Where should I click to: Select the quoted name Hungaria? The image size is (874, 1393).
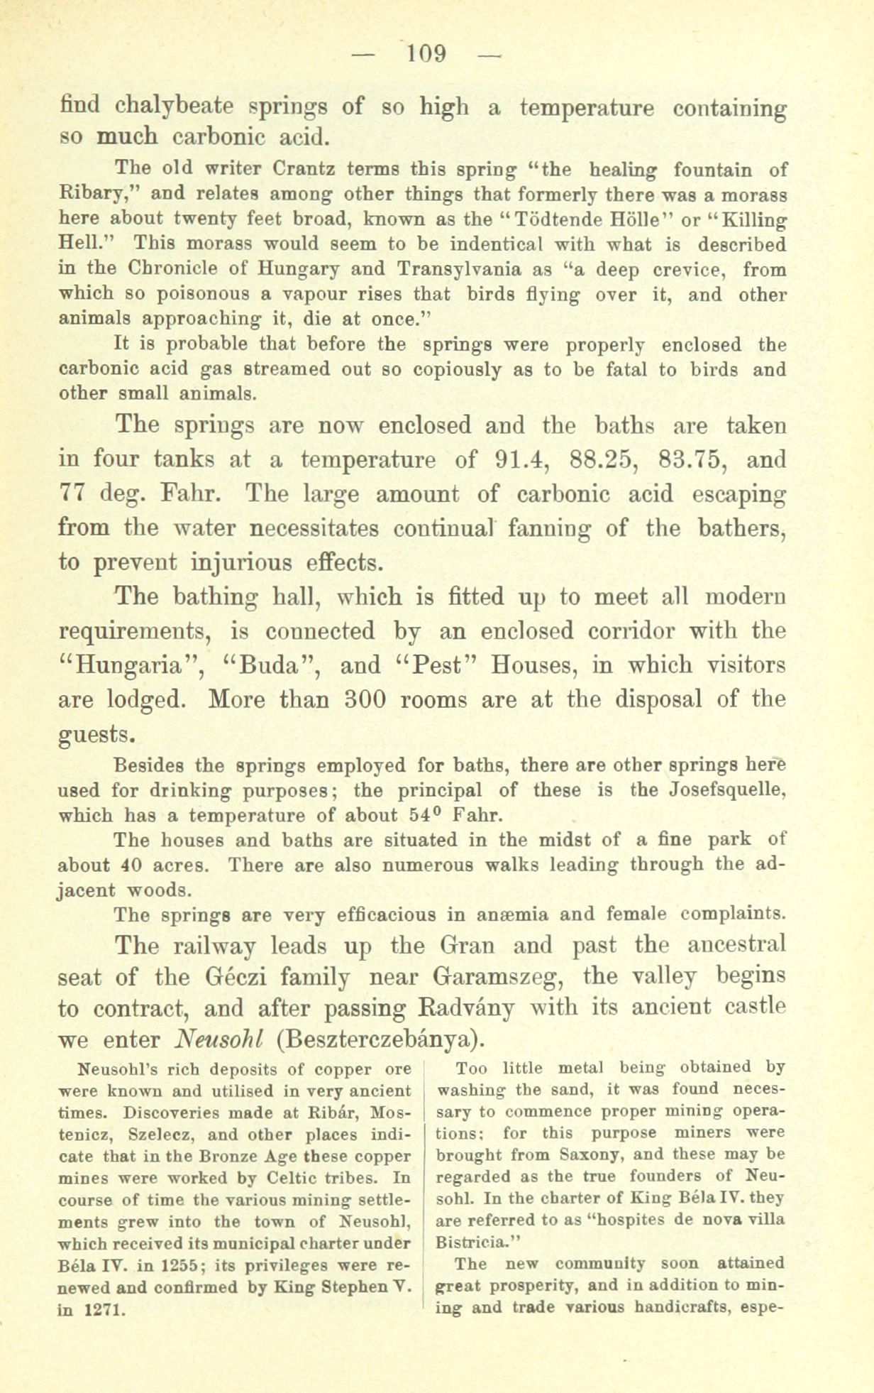pos(131,666)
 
